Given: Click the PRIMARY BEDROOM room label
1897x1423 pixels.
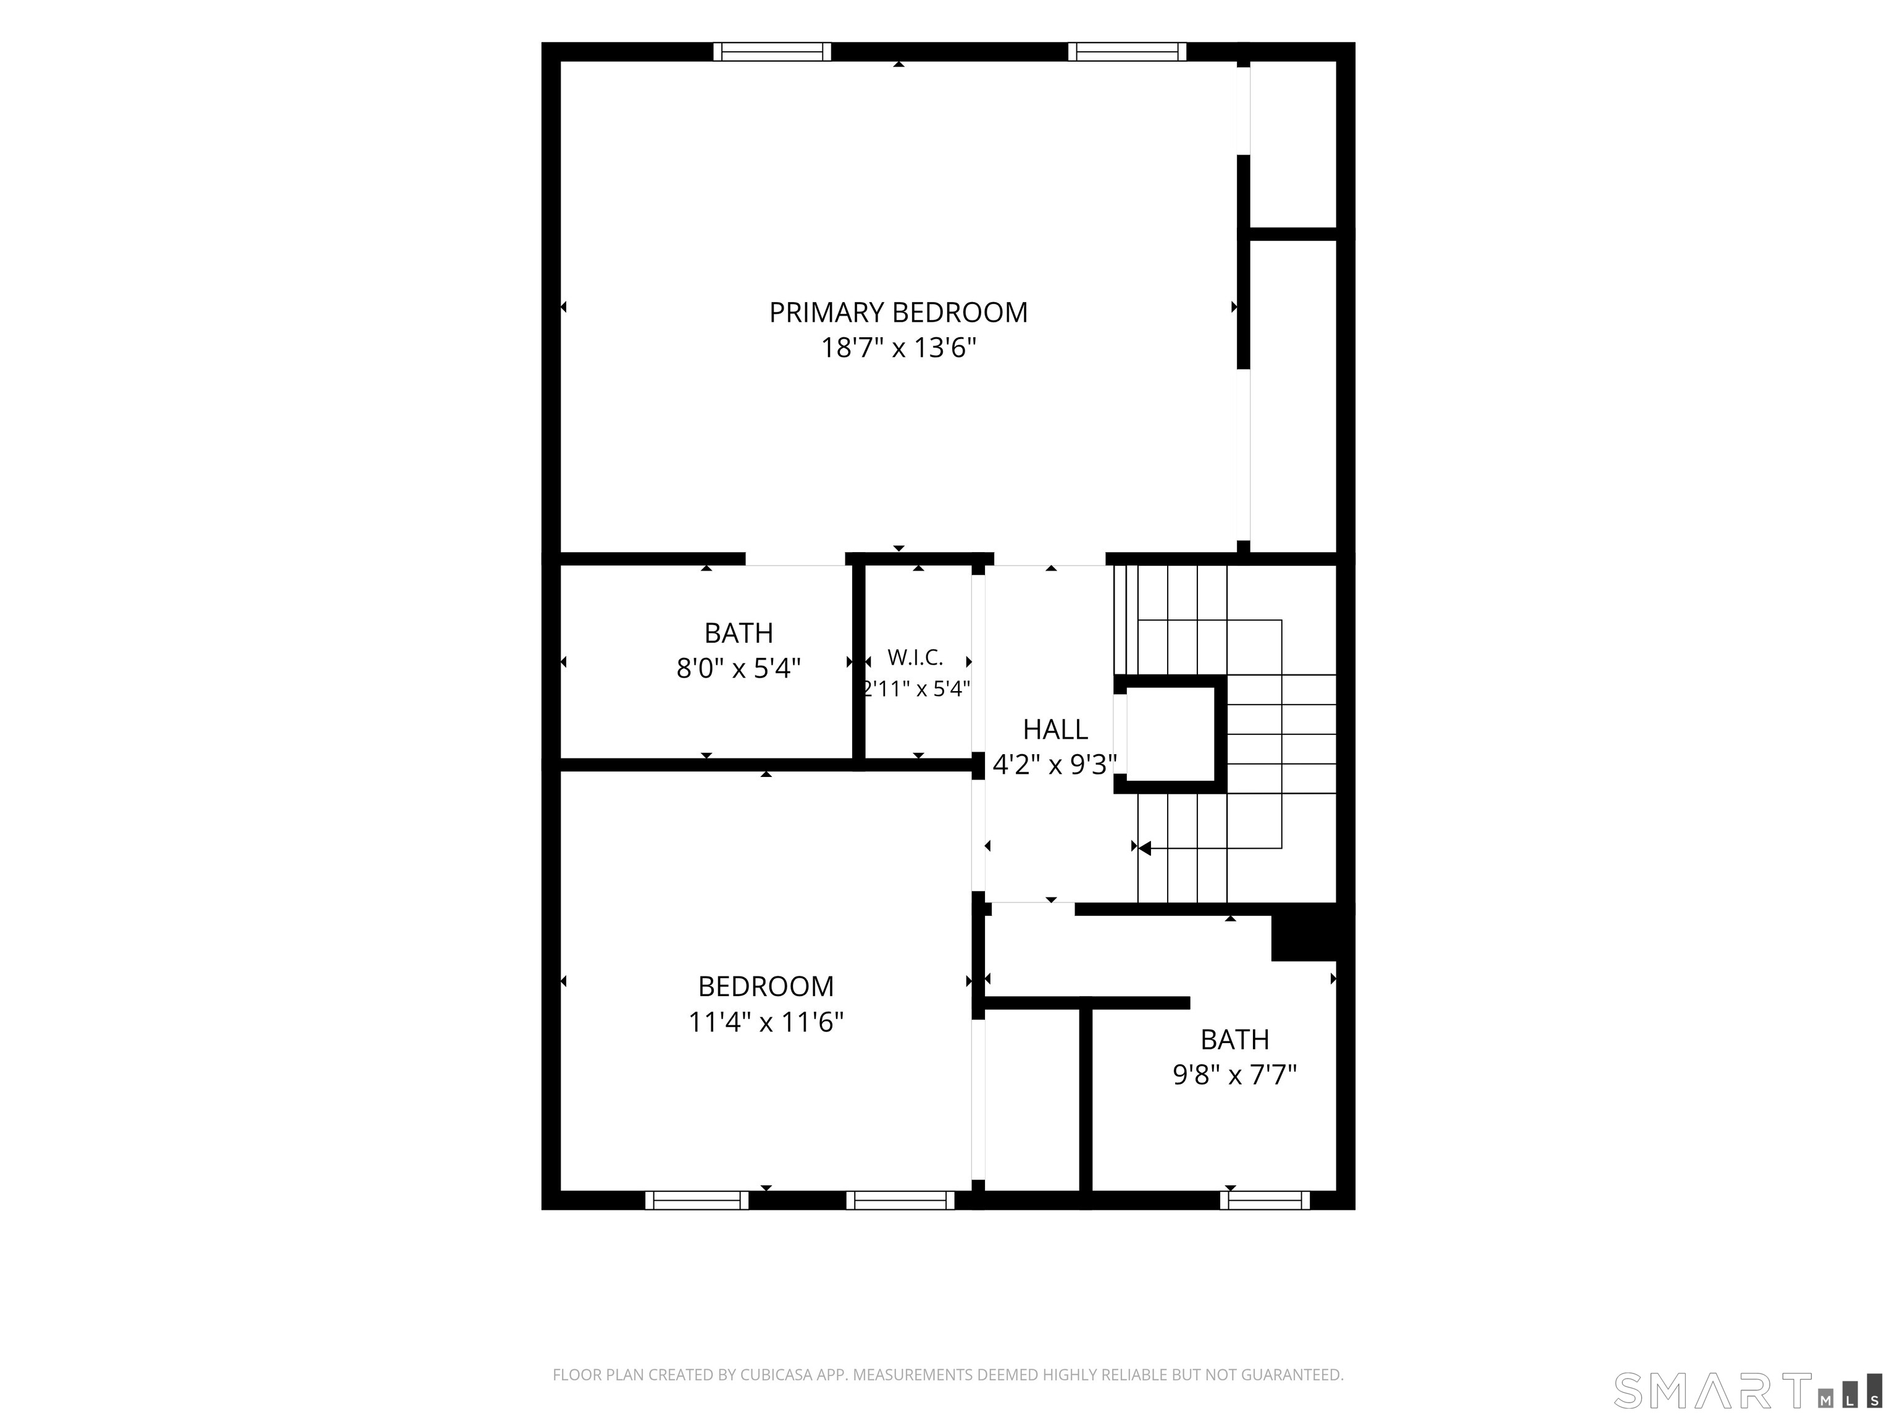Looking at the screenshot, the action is (x=898, y=313).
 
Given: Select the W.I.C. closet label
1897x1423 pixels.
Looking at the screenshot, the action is (x=915, y=658).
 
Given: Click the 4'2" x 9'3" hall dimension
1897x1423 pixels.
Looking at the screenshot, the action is (x=1055, y=764).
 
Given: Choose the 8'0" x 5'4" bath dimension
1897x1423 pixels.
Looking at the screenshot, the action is (x=739, y=668).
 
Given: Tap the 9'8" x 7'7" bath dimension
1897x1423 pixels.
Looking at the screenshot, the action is (x=1234, y=1075).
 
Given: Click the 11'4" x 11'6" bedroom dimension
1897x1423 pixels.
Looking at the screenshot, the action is (x=766, y=1022).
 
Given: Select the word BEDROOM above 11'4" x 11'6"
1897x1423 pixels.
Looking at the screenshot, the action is (x=766, y=986).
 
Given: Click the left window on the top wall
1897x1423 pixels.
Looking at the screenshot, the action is (x=773, y=51).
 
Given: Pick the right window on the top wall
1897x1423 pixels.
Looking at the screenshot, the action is (x=1127, y=51).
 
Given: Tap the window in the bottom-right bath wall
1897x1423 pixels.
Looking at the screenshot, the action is (x=1265, y=1200).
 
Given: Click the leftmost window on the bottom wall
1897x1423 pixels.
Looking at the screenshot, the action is (x=697, y=1200).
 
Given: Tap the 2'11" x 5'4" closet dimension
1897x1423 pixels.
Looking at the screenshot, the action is (x=916, y=689).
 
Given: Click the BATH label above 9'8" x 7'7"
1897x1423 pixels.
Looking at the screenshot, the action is (x=1234, y=1039).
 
